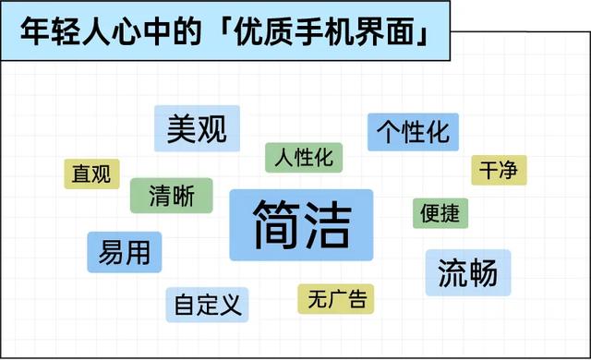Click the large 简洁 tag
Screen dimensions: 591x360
pos(301,225)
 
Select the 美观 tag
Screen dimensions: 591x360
pos(197,129)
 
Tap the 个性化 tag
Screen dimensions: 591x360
pos(413,131)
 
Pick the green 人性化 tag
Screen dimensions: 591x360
pos(304,157)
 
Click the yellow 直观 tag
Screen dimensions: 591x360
pos(91,174)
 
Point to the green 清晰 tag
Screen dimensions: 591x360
pos(171,197)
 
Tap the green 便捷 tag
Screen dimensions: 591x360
pos(440,213)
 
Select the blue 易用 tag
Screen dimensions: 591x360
pos(125,251)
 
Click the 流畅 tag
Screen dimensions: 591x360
pos(467,272)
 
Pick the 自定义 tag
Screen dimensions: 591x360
pos(208,304)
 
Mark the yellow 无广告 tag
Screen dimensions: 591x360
pos(336,299)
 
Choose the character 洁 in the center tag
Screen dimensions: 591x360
pos(330,225)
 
